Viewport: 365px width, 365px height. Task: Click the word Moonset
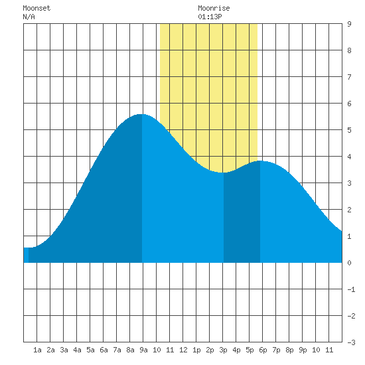pos(36,8)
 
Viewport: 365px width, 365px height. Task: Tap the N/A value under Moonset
pos(29,17)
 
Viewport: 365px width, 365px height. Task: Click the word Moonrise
pos(214,8)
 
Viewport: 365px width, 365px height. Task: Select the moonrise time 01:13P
pos(210,17)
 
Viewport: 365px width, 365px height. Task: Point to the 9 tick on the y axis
pos(349,24)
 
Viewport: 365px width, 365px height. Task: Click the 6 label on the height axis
pos(349,104)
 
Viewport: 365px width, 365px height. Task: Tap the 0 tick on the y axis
pos(349,263)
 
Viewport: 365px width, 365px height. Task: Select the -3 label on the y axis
pos(351,342)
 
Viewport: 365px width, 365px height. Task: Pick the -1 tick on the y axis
pos(351,289)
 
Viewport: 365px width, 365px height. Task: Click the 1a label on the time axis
pos(37,350)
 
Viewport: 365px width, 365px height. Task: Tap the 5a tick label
pos(90,350)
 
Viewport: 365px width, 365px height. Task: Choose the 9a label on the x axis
pos(143,350)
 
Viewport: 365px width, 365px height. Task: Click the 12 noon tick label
pos(183,350)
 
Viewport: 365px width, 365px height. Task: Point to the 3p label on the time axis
pos(223,350)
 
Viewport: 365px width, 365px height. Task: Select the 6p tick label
pos(263,350)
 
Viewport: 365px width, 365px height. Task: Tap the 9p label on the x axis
pos(303,350)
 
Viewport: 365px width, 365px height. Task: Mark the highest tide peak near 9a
pos(142,114)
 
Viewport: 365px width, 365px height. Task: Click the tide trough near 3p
pos(223,173)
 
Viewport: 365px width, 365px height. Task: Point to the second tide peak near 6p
pos(260,161)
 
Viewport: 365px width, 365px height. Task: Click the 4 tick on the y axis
pos(349,157)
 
